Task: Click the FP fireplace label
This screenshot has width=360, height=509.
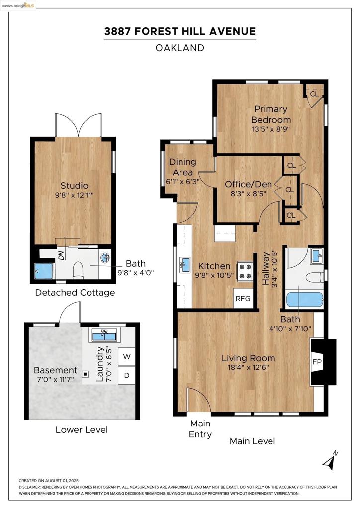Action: (x=317, y=362)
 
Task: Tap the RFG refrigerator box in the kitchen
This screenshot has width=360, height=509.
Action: (x=243, y=298)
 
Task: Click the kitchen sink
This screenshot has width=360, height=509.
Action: (x=185, y=265)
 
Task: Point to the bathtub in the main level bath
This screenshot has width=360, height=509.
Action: (x=304, y=300)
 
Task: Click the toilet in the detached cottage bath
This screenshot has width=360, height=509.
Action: (x=78, y=270)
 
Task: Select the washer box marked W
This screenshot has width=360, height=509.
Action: (x=127, y=357)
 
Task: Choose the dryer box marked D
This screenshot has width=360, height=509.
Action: (x=127, y=375)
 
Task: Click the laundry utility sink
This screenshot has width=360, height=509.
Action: (x=104, y=335)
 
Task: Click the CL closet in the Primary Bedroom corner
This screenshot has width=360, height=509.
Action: (x=314, y=94)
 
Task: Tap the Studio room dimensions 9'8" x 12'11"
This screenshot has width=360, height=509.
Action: (x=75, y=195)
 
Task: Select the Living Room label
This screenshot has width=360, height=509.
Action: (x=248, y=358)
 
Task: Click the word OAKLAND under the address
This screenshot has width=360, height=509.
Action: (x=180, y=48)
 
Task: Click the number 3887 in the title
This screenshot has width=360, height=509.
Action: (x=117, y=31)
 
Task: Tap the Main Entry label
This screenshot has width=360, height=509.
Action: (x=200, y=429)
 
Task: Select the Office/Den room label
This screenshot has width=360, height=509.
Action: (x=248, y=185)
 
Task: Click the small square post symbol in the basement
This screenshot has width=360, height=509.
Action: (x=85, y=374)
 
